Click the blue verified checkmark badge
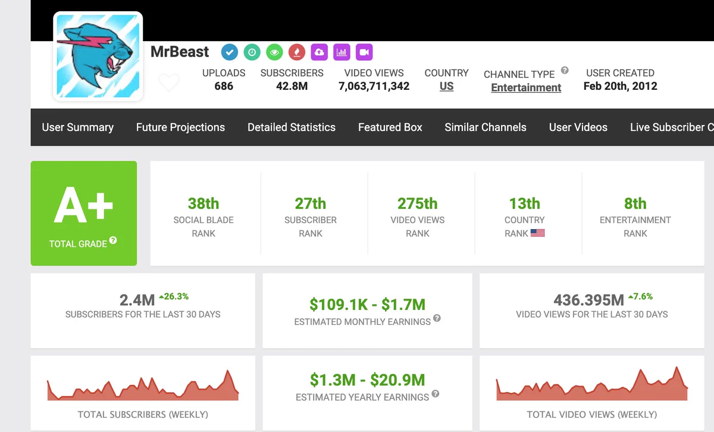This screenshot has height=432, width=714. point(230,52)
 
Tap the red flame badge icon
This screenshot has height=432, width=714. point(297,52)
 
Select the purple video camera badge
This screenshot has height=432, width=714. point(364,52)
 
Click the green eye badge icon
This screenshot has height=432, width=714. point(274,52)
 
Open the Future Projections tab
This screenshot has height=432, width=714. point(180,127)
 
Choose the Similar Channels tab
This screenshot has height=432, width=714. point(486,127)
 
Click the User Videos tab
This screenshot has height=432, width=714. point(578,127)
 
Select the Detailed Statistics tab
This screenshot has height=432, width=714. point(292,127)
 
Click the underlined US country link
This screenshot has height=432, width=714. point(447,86)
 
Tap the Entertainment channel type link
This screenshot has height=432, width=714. point(526,87)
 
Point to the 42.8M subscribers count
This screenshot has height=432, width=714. point(292,86)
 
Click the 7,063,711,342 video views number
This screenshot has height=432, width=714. point(374,86)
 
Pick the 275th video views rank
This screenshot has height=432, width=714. point(417,204)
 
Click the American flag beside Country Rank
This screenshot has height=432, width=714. point(538,233)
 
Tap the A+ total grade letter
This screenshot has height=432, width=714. point(83,205)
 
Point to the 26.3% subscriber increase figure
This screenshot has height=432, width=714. point(174,296)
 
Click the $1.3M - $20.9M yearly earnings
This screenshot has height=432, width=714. point(368,380)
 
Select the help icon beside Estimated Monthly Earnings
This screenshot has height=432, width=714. point(437,318)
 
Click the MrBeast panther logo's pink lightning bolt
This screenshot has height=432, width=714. point(83,42)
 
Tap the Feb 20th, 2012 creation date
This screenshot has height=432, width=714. point(620,86)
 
